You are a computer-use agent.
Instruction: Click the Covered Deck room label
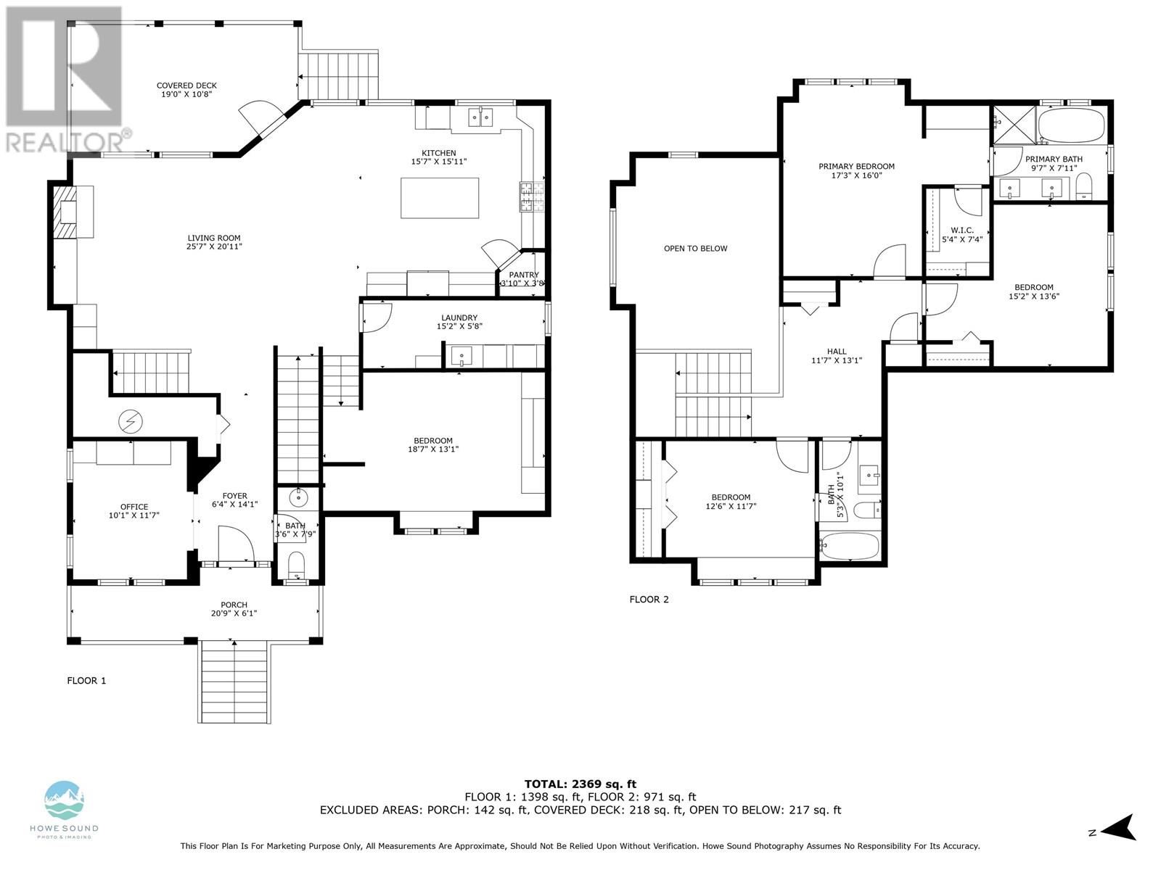(186, 86)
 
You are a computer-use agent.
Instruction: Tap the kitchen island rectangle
(440, 198)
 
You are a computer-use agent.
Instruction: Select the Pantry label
(524, 275)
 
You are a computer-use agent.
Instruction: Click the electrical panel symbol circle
(130, 421)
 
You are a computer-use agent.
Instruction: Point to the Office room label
(134, 507)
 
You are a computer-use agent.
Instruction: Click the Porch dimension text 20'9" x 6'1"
(234, 613)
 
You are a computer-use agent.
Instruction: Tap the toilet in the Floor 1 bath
(296, 565)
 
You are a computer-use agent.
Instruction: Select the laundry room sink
(461, 355)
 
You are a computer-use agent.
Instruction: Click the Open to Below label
(696, 248)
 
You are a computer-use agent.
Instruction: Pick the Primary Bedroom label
(856, 167)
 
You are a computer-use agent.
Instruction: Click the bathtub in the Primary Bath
(1071, 125)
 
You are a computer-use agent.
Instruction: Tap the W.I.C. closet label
(962, 231)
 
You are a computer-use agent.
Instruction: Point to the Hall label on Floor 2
(836, 352)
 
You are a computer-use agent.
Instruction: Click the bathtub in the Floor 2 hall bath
(849, 546)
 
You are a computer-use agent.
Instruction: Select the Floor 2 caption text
(649, 600)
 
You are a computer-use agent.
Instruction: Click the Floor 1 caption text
(86, 681)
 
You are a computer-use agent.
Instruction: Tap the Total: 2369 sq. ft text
(580, 784)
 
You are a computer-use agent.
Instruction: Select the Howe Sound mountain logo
(64, 801)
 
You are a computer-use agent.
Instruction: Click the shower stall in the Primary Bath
(1014, 125)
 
